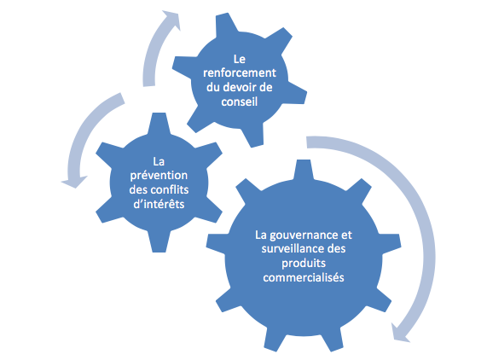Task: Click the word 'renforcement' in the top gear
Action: tap(239, 73)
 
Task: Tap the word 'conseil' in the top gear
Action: tap(239, 102)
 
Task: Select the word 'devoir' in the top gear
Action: tap(240, 87)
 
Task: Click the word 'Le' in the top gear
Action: tap(239, 59)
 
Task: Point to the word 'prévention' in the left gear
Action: tap(159, 176)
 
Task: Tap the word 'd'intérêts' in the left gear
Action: tap(159, 204)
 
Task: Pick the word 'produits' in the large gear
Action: tap(304, 264)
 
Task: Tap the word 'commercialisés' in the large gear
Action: tap(304, 277)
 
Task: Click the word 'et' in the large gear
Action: tap(346, 235)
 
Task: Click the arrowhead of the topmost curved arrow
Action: tap(171, 20)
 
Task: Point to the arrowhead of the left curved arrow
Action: tap(74, 182)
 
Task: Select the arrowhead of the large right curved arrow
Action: tap(400, 333)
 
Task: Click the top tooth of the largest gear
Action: tap(303, 170)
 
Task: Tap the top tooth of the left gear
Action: tap(159, 124)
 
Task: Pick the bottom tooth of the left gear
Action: tap(159, 241)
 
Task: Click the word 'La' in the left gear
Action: tap(159, 161)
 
